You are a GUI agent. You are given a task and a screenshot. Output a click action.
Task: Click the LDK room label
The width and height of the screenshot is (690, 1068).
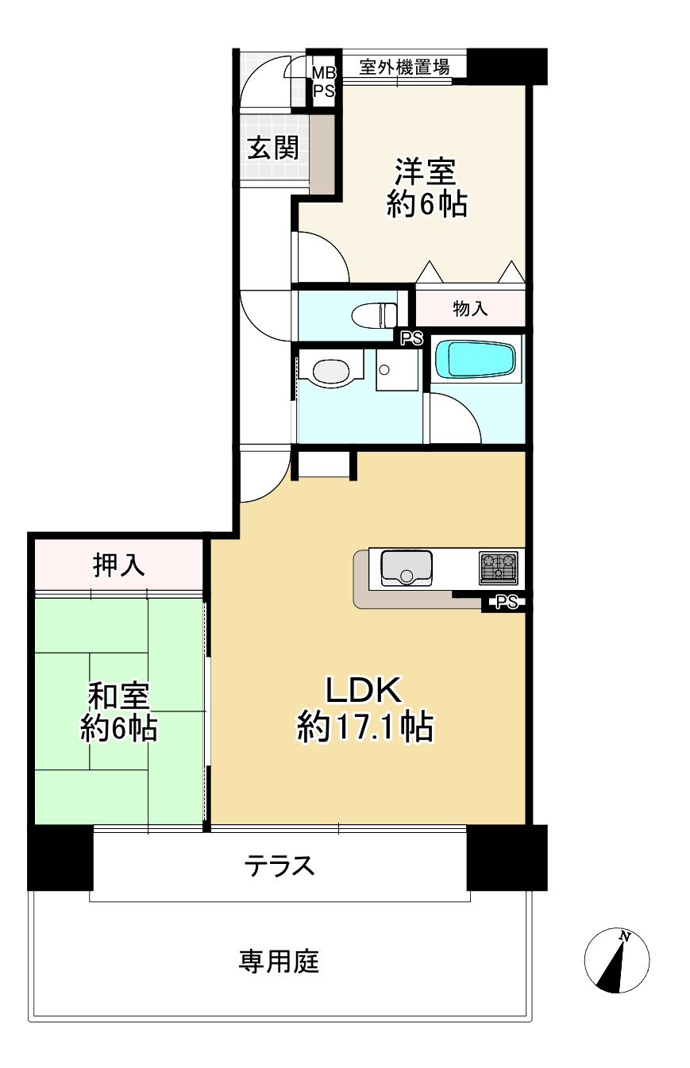364,692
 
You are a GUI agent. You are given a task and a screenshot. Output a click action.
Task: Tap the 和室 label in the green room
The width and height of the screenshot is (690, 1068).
118,696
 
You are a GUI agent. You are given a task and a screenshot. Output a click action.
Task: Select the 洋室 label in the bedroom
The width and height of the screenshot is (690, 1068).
426,172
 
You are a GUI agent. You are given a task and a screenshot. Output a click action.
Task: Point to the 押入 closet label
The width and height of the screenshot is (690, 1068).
119,565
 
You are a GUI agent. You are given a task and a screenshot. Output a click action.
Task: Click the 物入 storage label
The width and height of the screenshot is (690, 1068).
470,309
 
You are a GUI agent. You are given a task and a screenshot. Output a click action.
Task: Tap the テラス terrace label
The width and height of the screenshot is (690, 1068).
279,865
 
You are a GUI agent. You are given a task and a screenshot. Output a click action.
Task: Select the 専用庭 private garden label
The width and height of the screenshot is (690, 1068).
279,962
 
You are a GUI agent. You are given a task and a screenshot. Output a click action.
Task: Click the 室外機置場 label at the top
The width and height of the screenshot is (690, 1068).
404,67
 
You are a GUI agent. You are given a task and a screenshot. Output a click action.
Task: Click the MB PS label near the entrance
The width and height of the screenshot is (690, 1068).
322,82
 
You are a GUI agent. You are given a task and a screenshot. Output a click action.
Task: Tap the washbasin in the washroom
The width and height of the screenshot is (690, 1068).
331,371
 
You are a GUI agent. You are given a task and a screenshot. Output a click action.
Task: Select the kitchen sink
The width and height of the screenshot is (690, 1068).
406,567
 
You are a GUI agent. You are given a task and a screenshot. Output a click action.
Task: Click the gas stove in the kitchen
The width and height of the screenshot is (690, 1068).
498,567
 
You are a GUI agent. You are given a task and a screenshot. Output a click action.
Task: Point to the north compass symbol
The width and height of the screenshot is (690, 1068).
616,960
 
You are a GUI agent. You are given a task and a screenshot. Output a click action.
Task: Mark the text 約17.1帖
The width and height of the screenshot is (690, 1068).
364,726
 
